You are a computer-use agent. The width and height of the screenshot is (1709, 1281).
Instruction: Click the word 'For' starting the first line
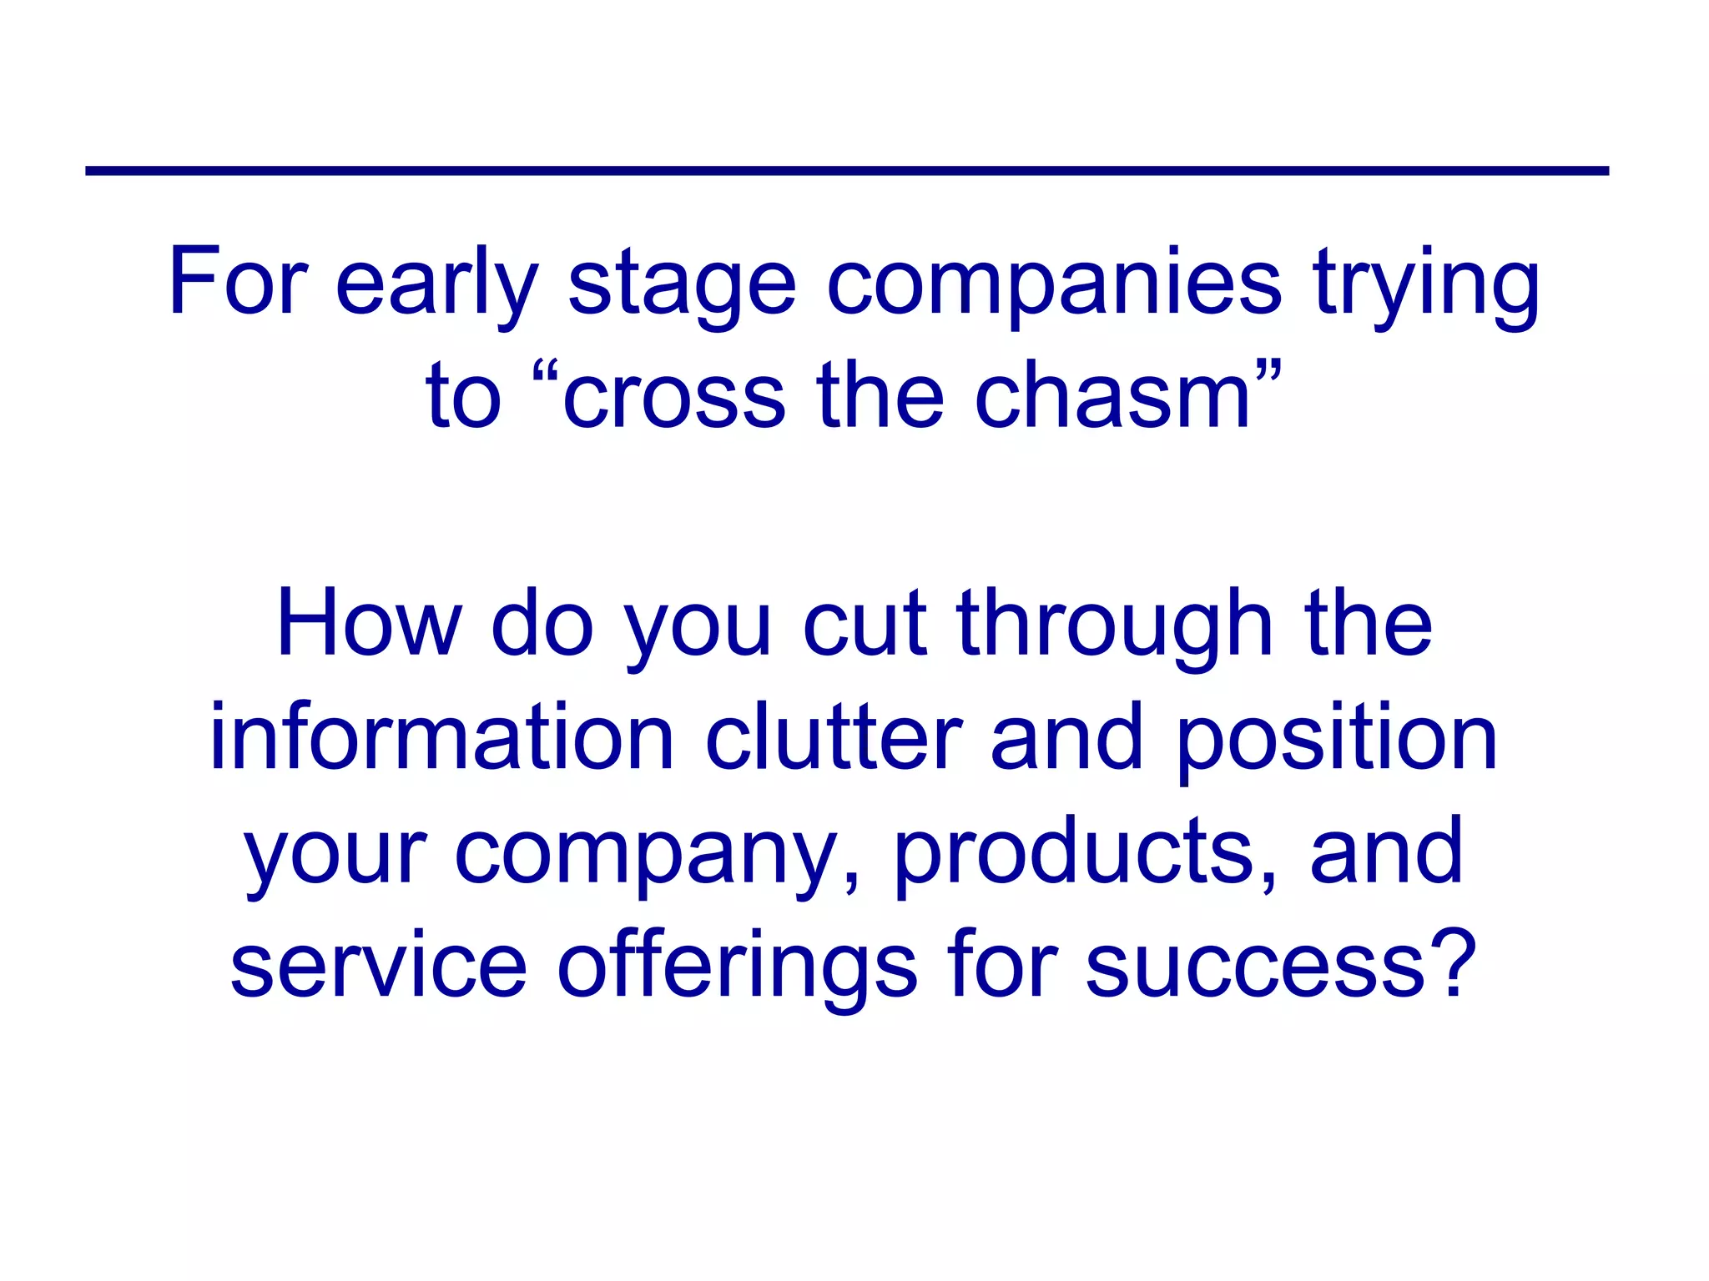[239, 282]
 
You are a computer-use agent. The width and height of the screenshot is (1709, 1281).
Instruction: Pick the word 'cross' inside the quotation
[674, 399]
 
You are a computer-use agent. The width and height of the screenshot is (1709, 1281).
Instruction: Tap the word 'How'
[369, 624]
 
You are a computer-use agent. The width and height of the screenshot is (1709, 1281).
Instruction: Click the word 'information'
[441, 738]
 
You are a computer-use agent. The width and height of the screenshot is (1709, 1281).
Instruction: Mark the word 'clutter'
[834, 738]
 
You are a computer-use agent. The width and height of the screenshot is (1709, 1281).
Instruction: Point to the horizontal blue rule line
[846, 171]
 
